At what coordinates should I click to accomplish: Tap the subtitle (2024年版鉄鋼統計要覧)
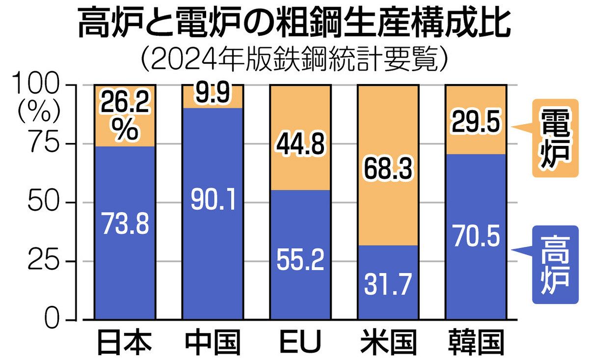[x=294, y=60]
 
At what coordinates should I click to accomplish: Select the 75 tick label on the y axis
[x=47, y=144]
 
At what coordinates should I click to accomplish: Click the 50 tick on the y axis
[x=47, y=202]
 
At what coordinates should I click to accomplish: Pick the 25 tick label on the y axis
[x=47, y=261]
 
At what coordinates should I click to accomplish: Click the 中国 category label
[x=213, y=342]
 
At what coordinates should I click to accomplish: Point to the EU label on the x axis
[x=300, y=342]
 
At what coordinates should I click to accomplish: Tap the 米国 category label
[x=388, y=342]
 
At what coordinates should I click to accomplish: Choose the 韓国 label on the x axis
[x=475, y=342]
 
